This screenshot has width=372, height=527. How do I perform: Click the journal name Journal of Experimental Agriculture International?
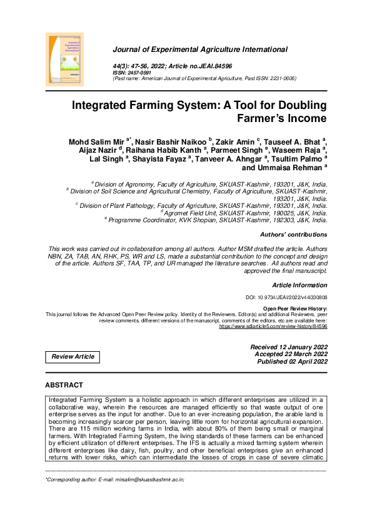[x=200, y=49]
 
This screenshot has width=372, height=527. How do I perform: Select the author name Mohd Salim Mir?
[x=96, y=143]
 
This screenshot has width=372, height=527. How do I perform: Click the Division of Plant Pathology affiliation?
[x=203, y=205]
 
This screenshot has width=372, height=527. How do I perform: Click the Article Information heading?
[x=299, y=285]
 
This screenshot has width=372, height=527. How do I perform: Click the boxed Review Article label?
[x=73, y=357]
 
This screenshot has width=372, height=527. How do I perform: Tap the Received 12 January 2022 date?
[x=288, y=347]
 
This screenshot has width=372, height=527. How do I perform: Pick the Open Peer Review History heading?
[x=295, y=309]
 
